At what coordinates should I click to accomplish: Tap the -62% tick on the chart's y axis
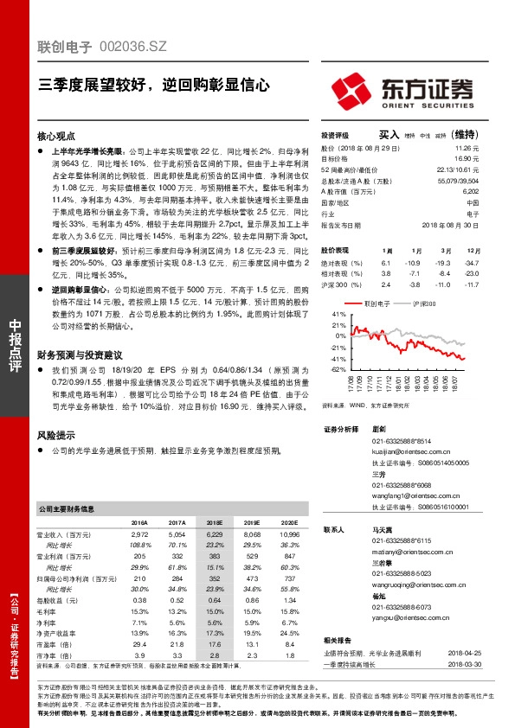(x=337, y=369)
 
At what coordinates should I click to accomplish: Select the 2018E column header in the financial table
(x=214, y=523)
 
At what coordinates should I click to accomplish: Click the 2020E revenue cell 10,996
(x=289, y=536)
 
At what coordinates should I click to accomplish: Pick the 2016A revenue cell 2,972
(x=138, y=536)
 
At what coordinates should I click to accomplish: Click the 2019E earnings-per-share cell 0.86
(x=252, y=599)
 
